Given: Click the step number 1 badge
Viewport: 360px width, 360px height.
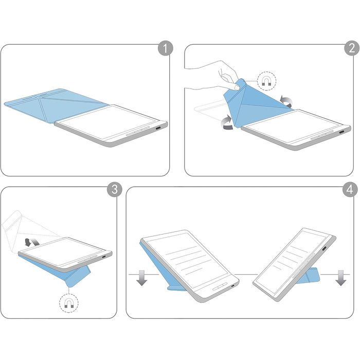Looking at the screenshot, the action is (x=165, y=48).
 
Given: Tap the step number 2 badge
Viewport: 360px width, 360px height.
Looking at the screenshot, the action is (x=351, y=48).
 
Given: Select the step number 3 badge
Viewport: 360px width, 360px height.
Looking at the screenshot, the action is (x=115, y=189).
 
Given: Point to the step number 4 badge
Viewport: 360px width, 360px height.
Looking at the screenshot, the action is (x=350, y=189).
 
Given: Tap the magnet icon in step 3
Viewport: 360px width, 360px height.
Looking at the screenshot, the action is (x=69, y=303).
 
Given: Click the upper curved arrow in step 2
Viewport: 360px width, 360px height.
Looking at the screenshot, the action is (x=286, y=101).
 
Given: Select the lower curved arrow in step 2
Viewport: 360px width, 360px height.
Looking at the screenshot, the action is (x=227, y=122).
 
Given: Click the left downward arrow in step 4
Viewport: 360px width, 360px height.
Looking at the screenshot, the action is (x=142, y=278).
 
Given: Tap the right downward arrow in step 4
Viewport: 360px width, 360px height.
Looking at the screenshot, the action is (x=340, y=278).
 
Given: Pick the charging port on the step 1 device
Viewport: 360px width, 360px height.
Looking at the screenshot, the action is (x=158, y=129).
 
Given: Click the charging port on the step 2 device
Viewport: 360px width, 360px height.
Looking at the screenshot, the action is (x=342, y=133).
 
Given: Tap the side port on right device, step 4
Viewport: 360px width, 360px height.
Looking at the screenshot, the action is (x=325, y=248).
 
